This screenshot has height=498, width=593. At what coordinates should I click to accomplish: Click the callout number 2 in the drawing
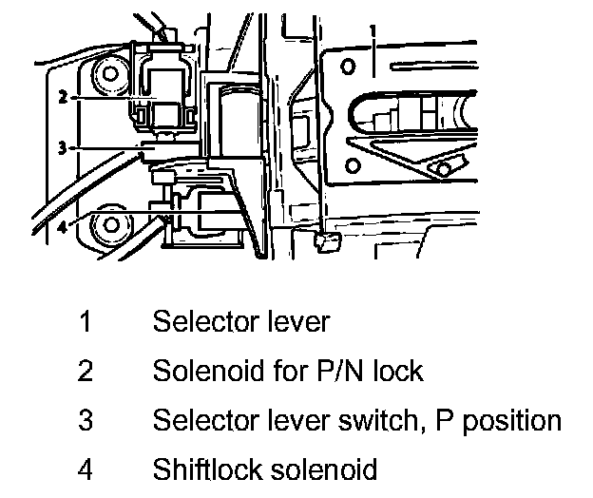point(61,97)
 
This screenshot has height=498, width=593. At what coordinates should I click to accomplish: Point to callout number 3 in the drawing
point(61,147)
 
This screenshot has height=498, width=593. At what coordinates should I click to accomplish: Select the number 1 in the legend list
point(86,321)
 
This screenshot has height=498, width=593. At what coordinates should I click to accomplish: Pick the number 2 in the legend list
point(86,371)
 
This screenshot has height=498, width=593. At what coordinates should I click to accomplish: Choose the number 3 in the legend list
point(86,420)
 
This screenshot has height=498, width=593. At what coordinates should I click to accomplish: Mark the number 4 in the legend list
point(86,469)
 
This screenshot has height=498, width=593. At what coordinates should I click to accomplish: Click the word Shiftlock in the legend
point(206,469)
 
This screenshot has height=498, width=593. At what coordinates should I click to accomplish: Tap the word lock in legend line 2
point(396,371)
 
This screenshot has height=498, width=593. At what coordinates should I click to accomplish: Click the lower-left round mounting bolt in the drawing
point(110,225)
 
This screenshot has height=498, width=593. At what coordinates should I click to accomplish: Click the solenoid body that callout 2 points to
point(168,90)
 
